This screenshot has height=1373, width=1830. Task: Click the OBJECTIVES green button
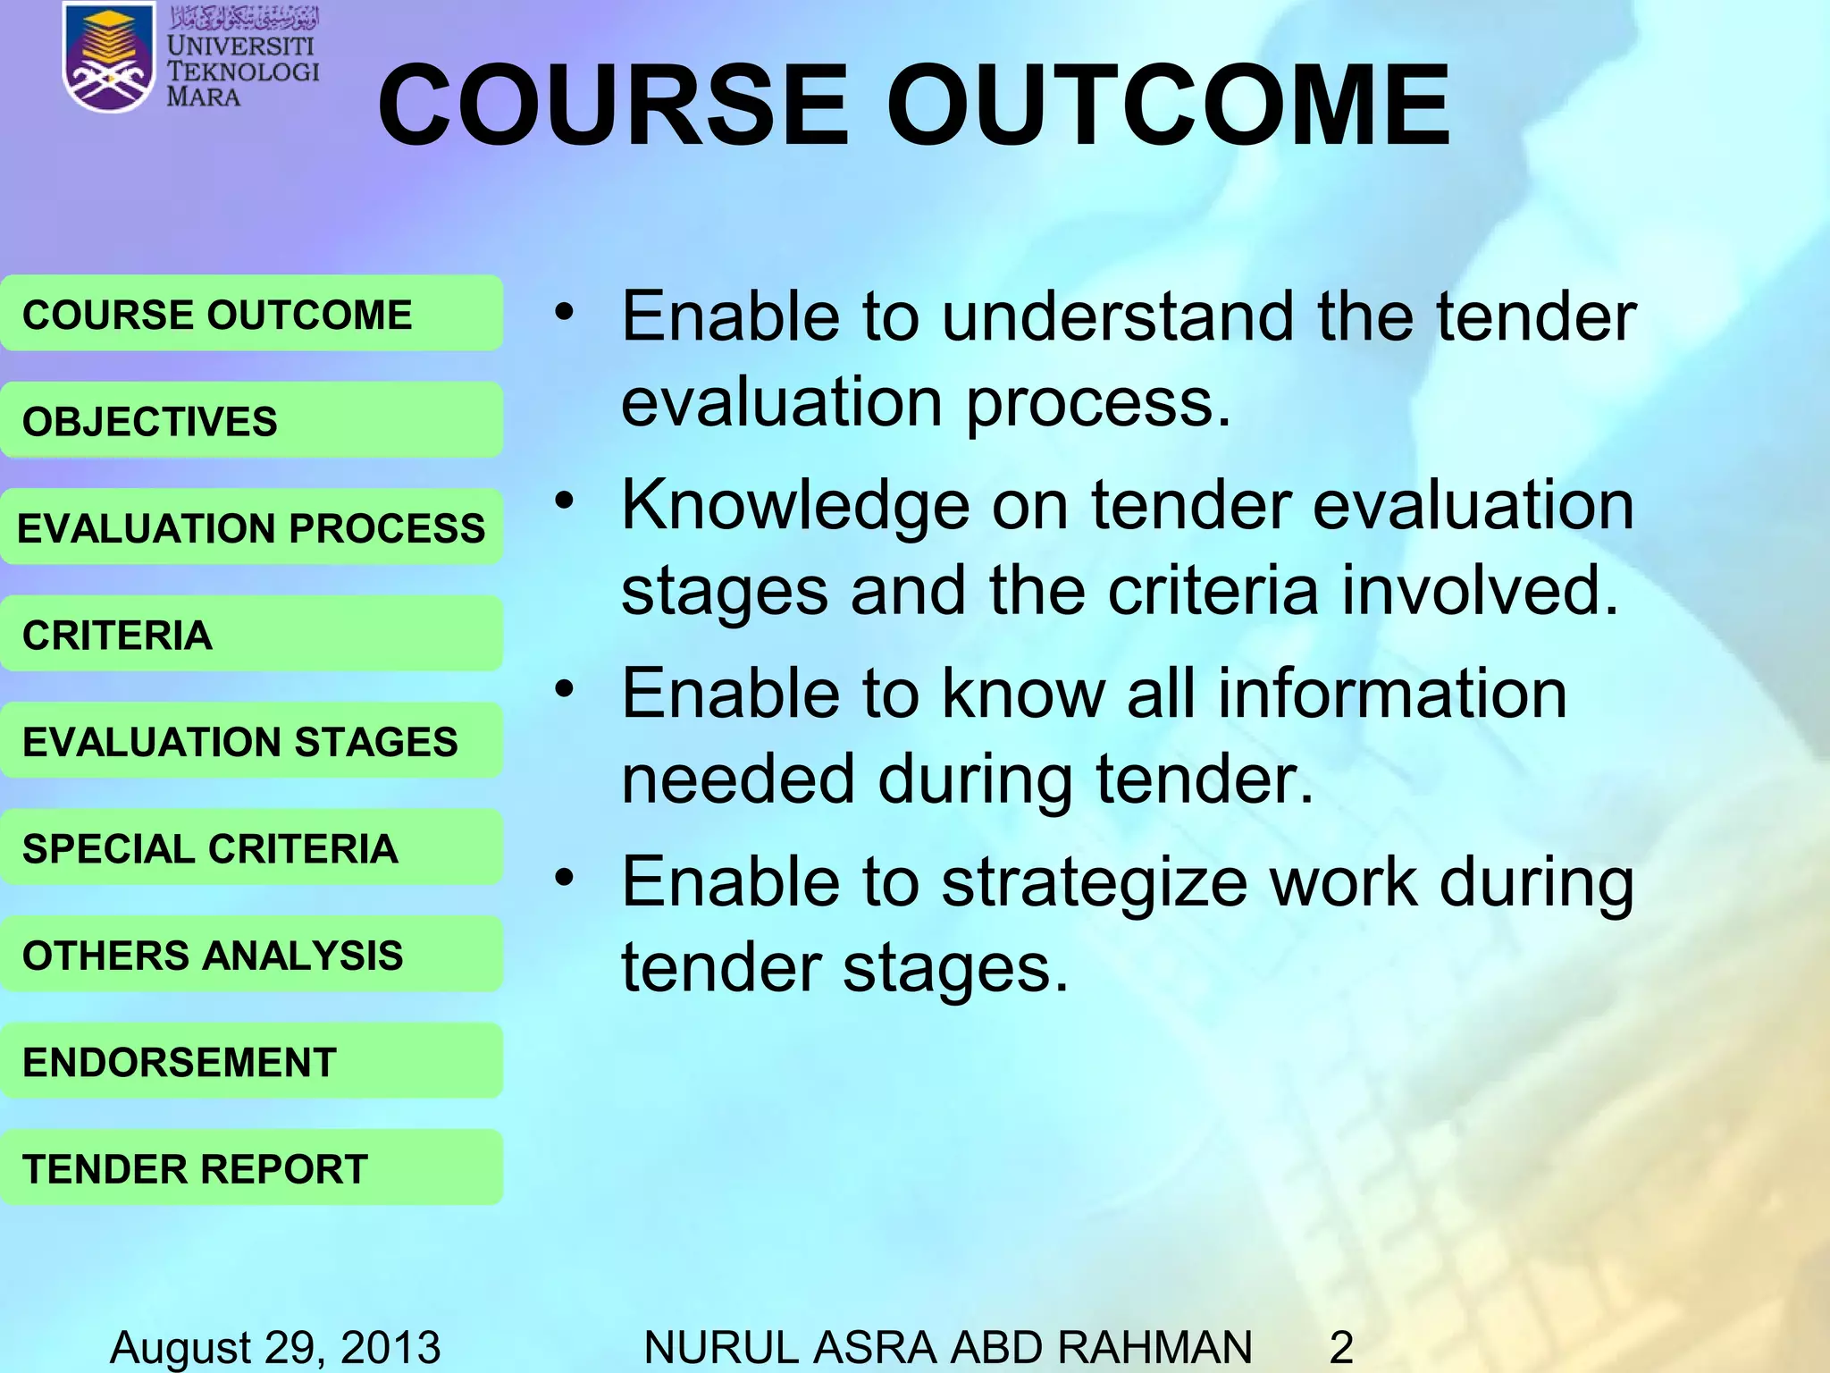click(250, 421)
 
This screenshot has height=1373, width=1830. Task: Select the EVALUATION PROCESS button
click(250, 527)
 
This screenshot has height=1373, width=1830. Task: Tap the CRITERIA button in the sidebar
click(250, 635)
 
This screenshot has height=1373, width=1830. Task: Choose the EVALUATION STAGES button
click(250, 741)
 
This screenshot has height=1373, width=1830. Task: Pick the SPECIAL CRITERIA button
click(250, 848)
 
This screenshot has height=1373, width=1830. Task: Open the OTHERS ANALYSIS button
click(250, 955)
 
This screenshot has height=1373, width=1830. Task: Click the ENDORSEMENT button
click(250, 1062)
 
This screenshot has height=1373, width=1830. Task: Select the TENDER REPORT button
click(250, 1168)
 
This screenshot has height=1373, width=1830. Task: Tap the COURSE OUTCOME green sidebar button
click(250, 315)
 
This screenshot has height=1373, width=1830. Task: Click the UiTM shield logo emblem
click(107, 58)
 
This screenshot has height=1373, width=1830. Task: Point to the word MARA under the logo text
click(204, 97)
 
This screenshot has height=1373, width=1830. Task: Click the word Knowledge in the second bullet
click(795, 506)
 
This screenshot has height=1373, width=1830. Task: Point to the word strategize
click(1095, 883)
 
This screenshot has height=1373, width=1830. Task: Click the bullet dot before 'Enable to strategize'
click(563, 878)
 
